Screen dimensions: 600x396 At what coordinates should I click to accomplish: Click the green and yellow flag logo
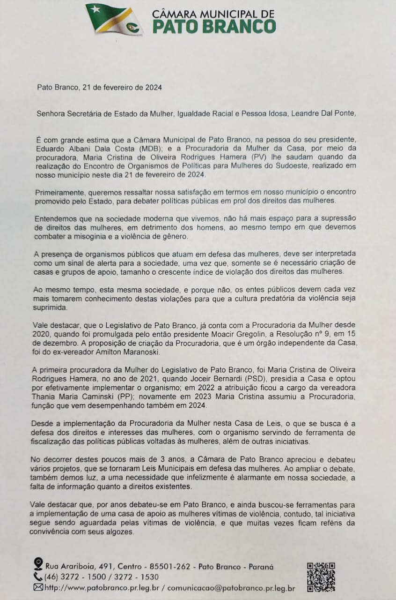[114, 19]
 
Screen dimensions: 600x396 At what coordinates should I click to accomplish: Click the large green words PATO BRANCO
[214, 26]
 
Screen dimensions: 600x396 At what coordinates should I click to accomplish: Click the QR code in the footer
[321, 576]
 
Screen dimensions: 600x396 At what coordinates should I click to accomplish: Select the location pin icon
[39, 564]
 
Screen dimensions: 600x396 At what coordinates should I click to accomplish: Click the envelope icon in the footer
[38, 587]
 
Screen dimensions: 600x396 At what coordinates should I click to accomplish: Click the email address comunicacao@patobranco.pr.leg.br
[231, 588]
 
